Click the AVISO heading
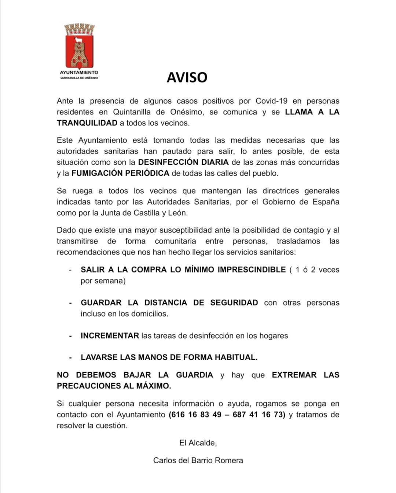pyautogui.click(x=187, y=77)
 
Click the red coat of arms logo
pyautogui.click(x=79, y=45)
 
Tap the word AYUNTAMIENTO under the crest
pyautogui.click(x=79, y=73)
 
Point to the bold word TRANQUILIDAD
pyautogui.click(x=87, y=123)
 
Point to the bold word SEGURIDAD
pyautogui.click(x=234, y=303)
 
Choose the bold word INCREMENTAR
pyautogui.click(x=110, y=336)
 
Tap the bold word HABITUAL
pyautogui.click(x=236, y=357)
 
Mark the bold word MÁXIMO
pyautogui.click(x=153, y=386)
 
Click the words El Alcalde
pyautogui.click(x=198, y=443)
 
